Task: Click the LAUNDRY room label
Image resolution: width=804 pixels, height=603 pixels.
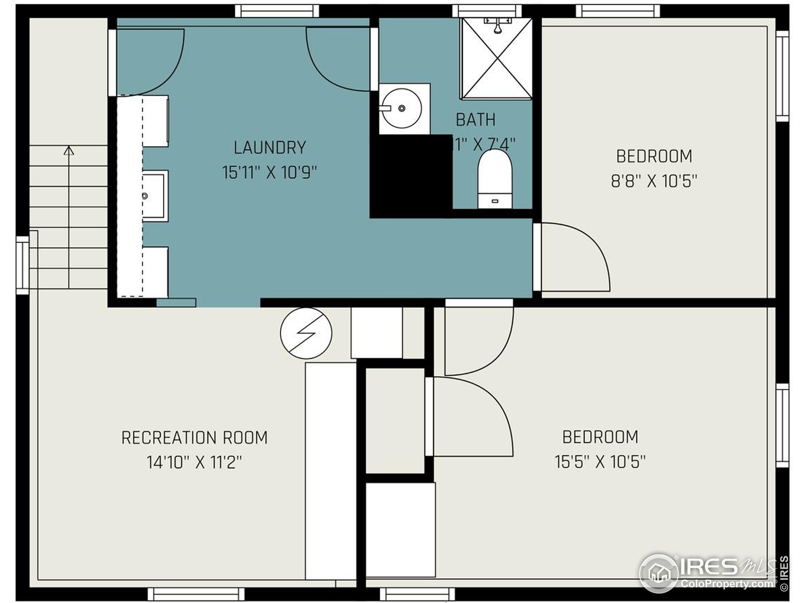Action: [269, 147]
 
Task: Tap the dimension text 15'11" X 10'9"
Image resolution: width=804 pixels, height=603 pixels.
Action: [269, 173]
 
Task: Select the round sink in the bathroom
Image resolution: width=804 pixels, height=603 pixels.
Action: [402, 108]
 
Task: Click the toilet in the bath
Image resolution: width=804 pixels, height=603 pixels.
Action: [495, 178]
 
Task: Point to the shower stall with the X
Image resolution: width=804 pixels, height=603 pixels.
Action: [496, 58]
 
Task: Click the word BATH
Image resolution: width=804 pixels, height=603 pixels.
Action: [475, 120]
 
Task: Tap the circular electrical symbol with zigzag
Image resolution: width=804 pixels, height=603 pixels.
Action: [306, 333]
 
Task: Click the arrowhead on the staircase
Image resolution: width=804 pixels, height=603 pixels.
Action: [69, 150]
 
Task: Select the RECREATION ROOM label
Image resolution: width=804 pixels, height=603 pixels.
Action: [194, 437]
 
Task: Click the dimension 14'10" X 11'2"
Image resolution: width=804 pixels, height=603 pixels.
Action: [194, 463]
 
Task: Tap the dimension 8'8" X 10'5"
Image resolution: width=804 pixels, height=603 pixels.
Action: [654, 181]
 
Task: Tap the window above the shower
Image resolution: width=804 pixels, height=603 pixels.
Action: [487, 11]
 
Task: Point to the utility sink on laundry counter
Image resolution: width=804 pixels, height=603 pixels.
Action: [154, 196]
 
